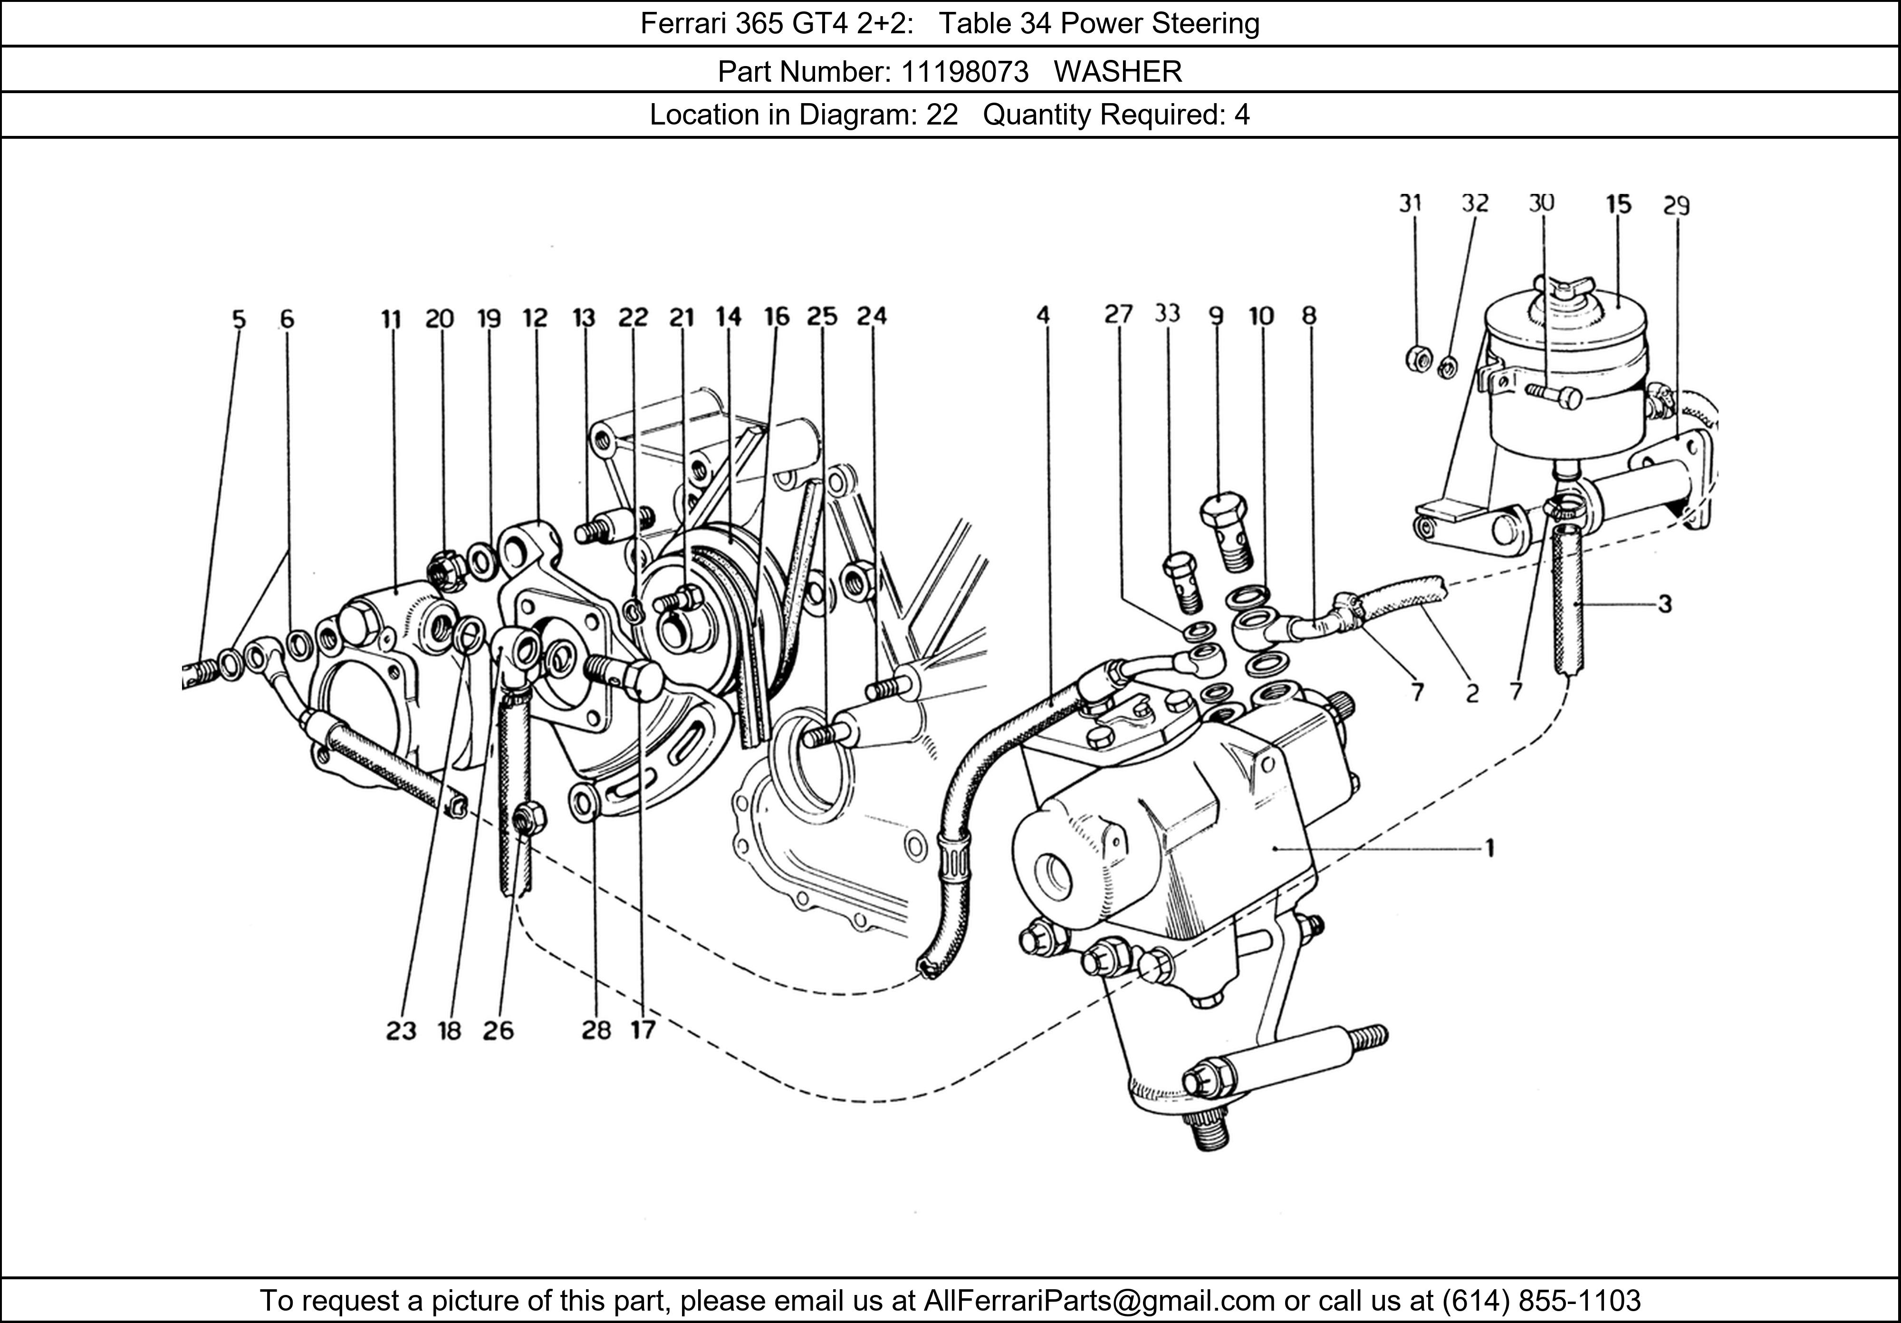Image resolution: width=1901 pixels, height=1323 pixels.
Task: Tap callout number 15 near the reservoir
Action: pyautogui.click(x=1618, y=204)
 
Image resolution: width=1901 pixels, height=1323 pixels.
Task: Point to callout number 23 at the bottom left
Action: pyautogui.click(x=401, y=1031)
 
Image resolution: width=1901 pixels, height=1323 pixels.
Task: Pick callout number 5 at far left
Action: pyautogui.click(x=239, y=319)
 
